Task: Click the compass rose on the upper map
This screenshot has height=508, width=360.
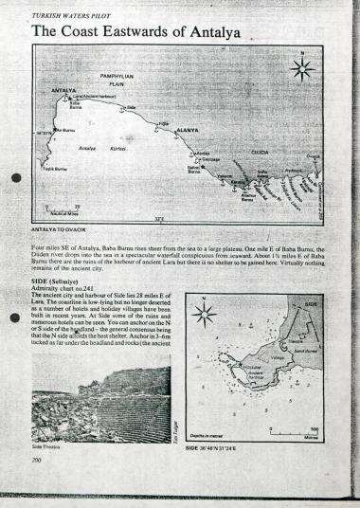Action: click(302, 69)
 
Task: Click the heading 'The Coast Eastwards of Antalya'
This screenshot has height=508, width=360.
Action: click(135, 31)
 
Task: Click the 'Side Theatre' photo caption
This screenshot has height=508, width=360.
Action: click(45, 445)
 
